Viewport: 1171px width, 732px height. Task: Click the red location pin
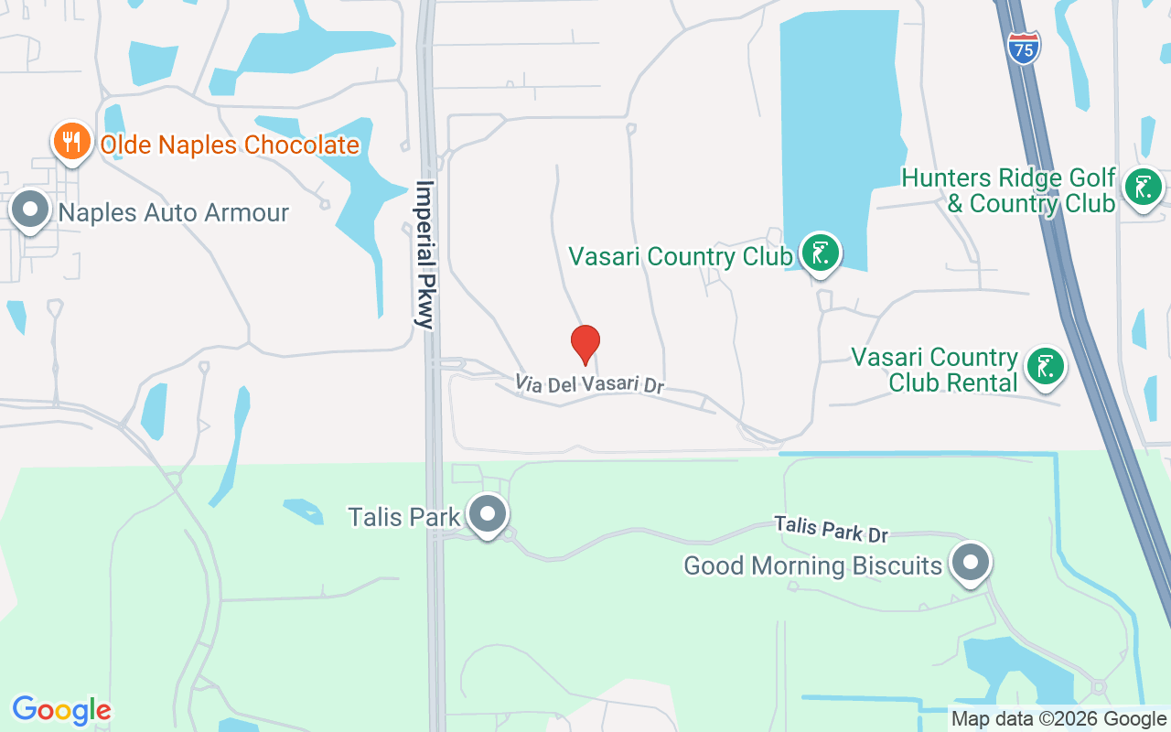pyautogui.click(x=585, y=344)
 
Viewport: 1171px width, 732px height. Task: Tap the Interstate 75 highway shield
pyautogui.click(x=1024, y=48)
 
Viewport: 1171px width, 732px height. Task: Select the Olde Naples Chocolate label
pyautogui.click(x=229, y=145)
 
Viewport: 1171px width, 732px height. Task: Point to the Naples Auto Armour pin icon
pyautogui.click(x=31, y=210)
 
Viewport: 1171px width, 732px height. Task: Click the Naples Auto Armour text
pyautogui.click(x=174, y=213)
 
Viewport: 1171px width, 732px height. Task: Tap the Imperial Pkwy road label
pyautogui.click(x=425, y=253)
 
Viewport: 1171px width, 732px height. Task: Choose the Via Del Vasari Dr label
pyautogui.click(x=588, y=384)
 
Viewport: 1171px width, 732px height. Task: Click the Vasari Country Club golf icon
pyautogui.click(x=820, y=253)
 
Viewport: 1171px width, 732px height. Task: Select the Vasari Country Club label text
pyautogui.click(x=681, y=256)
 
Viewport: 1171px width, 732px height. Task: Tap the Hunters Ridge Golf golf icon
pyautogui.click(x=1142, y=188)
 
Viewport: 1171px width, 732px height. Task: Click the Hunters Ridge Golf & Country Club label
pyautogui.click(x=1009, y=190)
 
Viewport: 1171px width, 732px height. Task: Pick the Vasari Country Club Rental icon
pyautogui.click(x=1045, y=367)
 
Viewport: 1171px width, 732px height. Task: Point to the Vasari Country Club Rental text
pyautogui.click(x=935, y=370)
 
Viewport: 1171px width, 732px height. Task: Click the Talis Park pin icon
pyautogui.click(x=488, y=514)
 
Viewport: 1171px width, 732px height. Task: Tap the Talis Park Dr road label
pyautogui.click(x=831, y=528)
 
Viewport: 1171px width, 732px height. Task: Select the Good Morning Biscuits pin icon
pyautogui.click(x=971, y=563)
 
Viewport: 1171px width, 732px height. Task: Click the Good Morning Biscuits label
pyautogui.click(x=812, y=566)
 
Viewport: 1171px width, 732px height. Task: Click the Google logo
pyautogui.click(x=61, y=710)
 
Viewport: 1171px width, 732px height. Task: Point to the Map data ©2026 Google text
pyautogui.click(x=1058, y=719)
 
